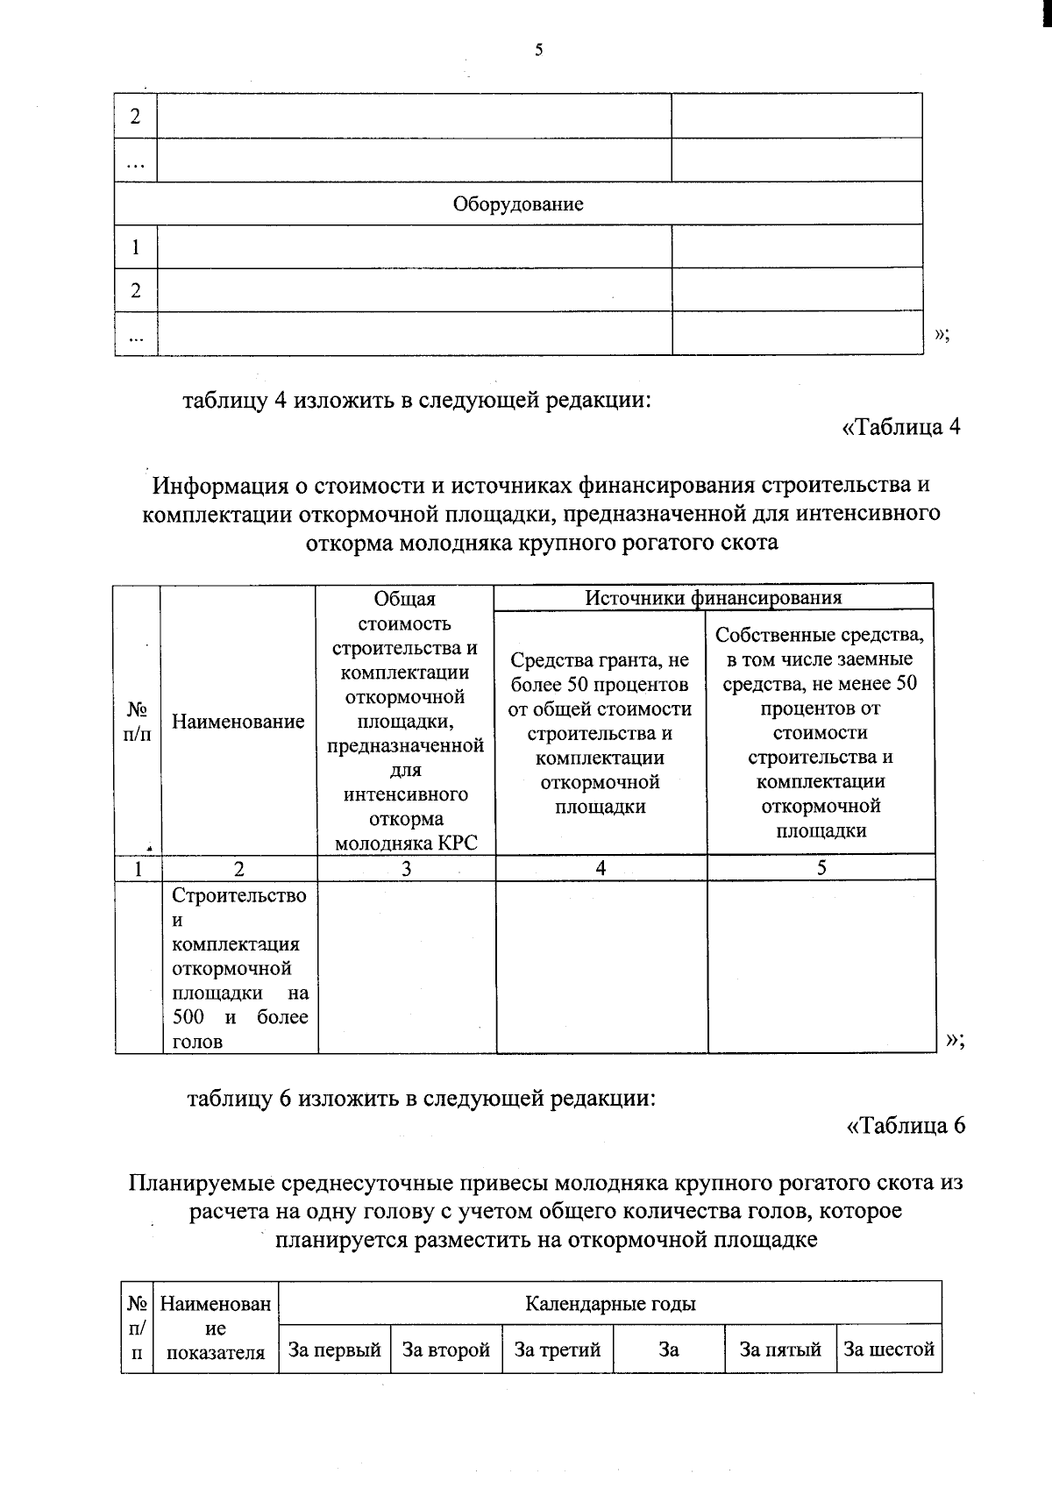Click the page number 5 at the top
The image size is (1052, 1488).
click(x=538, y=51)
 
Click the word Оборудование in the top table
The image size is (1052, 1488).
click(x=518, y=204)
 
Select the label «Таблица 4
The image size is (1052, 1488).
click(x=901, y=427)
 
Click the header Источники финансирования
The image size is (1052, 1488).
click(x=713, y=598)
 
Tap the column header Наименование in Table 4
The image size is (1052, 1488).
click(x=238, y=722)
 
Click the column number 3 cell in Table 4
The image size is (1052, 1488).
click(x=406, y=868)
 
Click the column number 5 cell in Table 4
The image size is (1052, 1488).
click(x=821, y=868)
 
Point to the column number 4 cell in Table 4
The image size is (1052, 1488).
click(x=601, y=868)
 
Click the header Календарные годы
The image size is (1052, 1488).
click(x=610, y=1303)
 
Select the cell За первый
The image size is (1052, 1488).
click(x=335, y=1349)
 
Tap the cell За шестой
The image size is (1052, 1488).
click(x=889, y=1349)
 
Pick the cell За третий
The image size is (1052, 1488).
click(x=558, y=1349)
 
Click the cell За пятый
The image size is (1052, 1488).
click(x=780, y=1349)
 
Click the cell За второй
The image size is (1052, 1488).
click(x=446, y=1349)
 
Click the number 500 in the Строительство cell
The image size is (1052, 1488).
click(x=188, y=1017)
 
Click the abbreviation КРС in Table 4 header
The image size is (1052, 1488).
click(x=456, y=844)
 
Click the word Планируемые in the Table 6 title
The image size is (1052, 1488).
click(x=202, y=1183)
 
